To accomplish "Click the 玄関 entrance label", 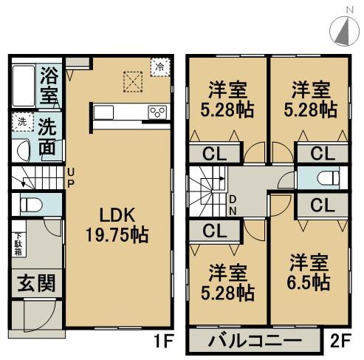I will coord(35,282).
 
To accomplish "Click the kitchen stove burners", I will coord(158,112).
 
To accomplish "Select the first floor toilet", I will coord(30,205).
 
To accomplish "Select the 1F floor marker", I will coord(163,342).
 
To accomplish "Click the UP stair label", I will coord(71,177).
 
